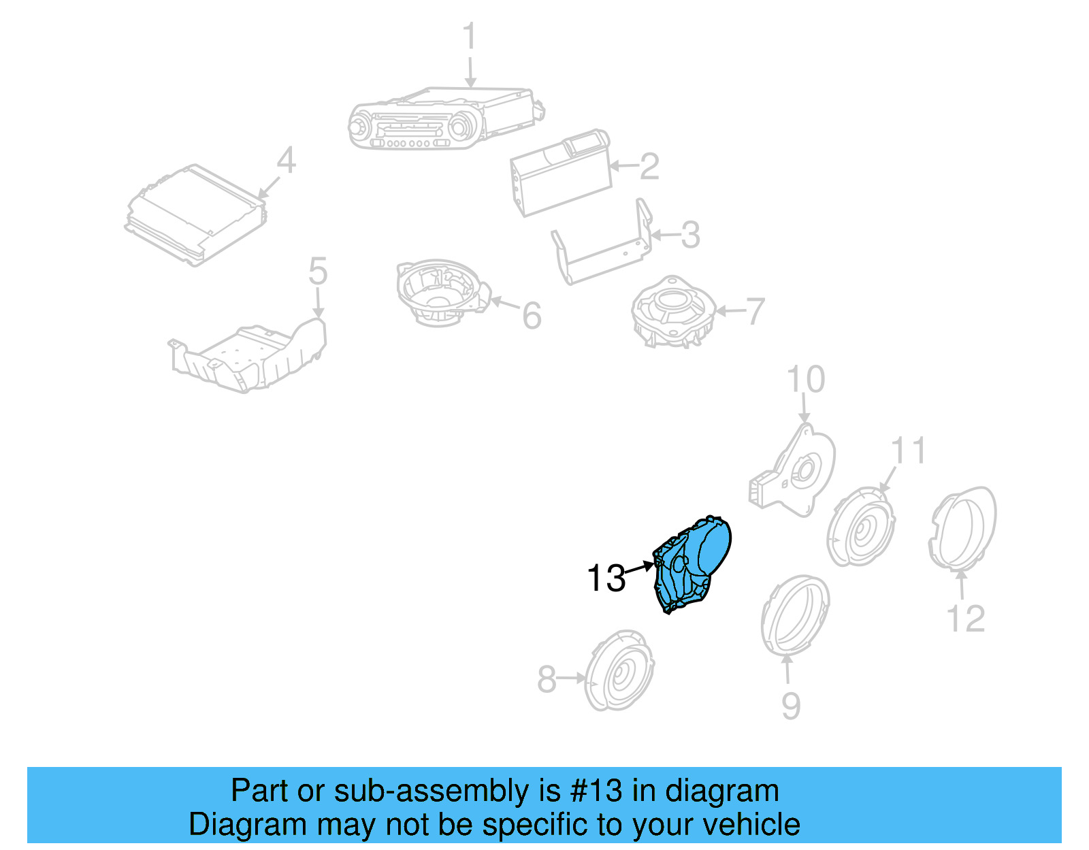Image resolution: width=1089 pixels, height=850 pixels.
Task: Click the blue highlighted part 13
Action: coord(692,562)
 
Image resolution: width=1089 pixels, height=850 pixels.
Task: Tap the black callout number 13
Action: coord(605,578)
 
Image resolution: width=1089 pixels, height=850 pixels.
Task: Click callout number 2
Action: coord(649,167)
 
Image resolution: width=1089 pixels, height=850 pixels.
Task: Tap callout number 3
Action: coord(690,235)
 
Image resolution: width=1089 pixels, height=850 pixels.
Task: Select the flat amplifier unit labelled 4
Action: coord(195,214)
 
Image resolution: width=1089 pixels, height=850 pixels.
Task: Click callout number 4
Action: coord(287,161)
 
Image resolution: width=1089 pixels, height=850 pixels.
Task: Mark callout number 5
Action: coord(318,271)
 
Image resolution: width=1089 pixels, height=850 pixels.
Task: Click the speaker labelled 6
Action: coord(442,293)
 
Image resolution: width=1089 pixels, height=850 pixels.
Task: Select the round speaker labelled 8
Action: coord(619,671)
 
